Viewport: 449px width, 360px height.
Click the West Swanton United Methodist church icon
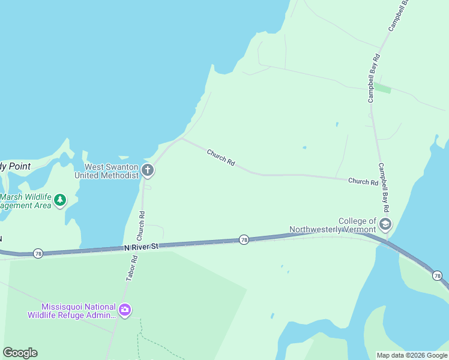click(148, 171)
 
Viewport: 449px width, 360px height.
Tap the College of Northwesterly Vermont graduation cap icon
click(385, 225)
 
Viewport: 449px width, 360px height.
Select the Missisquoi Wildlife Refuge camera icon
click(125, 310)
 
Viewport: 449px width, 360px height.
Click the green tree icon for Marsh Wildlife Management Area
click(60, 200)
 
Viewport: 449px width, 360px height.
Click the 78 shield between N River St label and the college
click(244, 239)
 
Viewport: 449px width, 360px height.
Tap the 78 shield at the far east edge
click(438, 275)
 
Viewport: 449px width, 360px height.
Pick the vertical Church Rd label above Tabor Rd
click(142, 223)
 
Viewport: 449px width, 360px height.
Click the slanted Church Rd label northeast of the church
click(221, 158)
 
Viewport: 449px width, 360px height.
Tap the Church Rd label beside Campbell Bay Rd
click(363, 181)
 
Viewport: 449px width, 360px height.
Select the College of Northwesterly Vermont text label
click(332, 225)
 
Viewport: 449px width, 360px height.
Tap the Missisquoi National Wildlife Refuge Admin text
click(72, 310)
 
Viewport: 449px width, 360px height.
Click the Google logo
click(20, 353)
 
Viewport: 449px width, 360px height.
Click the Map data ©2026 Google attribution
click(412, 355)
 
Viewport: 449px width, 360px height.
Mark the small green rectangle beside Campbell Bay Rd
click(382, 88)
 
